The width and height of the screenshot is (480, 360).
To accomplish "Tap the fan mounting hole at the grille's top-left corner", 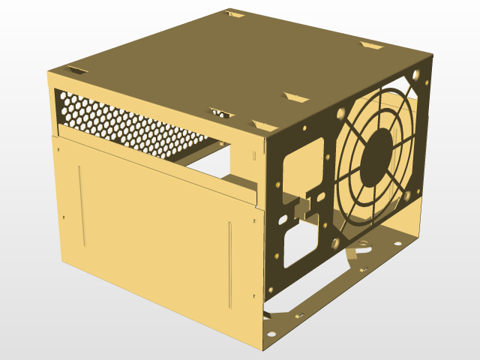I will [x=341, y=114].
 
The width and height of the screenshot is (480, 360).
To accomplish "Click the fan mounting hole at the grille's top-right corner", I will [x=417, y=76].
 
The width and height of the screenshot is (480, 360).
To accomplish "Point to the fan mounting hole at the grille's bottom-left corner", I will [x=334, y=241].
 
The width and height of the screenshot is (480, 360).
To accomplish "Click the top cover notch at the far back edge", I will [x=235, y=13].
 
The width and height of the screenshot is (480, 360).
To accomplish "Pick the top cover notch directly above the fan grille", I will [x=371, y=46].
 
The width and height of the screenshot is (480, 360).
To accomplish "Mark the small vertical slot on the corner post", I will [x=253, y=154].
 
